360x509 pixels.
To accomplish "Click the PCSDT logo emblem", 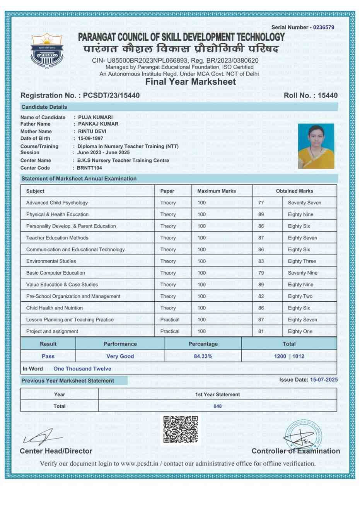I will pyautogui.click(x=46, y=51).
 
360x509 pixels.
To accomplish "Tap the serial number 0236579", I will pyautogui.click(x=324, y=27).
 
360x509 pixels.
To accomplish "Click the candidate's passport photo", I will pyautogui.click(x=316, y=146).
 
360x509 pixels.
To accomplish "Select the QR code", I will pyautogui.click(x=180, y=429).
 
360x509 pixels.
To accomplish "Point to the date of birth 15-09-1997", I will pyautogui.click(x=90, y=138).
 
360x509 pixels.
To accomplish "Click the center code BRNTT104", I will pyautogui.click(x=89, y=168).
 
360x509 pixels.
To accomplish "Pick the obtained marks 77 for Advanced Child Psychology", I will pyautogui.click(x=261, y=203).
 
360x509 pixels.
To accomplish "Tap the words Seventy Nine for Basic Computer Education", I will pyautogui.click(x=302, y=273).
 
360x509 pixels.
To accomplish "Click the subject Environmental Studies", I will pyautogui.click(x=51, y=261).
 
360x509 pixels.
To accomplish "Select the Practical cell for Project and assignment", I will pyautogui.click(x=170, y=331).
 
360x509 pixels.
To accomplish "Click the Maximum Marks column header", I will pyautogui.click(x=217, y=191).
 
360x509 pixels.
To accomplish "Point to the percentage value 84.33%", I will pyautogui.click(x=203, y=356).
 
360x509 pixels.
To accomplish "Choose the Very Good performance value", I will pyautogui.click(x=120, y=356).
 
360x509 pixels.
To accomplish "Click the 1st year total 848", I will pyautogui.click(x=218, y=406).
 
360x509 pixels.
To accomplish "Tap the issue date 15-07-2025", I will pyautogui.click(x=324, y=380).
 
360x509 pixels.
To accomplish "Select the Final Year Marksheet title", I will pyautogui.click(x=191, y=82).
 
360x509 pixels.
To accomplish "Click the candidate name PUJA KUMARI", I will pyautogui.click(x=95, y=117).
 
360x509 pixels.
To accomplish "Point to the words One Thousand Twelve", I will pyautogui.click(x=82, y=369).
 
